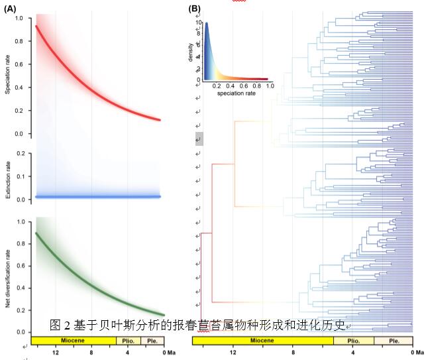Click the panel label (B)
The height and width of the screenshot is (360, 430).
click(194, 9)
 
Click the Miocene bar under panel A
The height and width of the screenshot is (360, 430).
click(72, 340)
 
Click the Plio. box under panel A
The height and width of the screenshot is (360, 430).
click(128, 340)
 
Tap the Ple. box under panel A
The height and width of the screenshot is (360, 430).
click(151, 340)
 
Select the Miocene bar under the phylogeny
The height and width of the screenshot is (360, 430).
click(262, 340)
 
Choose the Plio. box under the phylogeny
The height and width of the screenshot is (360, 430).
click(353, 340)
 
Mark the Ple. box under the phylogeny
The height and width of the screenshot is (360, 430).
click(394, 340)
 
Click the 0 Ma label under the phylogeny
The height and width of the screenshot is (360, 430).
click(416, 353)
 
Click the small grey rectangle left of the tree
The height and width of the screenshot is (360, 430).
click(199, 139)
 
